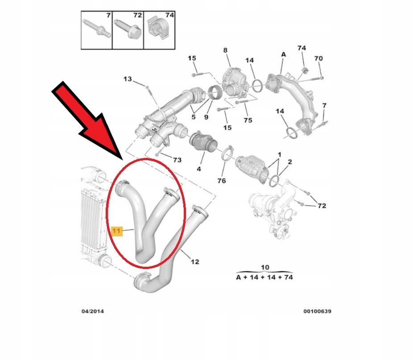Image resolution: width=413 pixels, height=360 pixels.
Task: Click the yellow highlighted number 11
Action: [x=116, y=231]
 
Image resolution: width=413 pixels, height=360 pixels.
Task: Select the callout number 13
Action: [x=128, y=79]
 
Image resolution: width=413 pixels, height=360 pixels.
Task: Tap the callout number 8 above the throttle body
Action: [x=225, y=50]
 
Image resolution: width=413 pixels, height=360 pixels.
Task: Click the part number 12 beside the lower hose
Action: [x=195, y=262]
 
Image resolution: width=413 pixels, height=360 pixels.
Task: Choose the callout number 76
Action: [x=222, y=181]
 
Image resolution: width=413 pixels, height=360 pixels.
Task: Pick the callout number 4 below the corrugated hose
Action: [x=199, y=169]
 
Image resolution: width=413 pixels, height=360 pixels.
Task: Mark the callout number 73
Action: [x=178, y=160]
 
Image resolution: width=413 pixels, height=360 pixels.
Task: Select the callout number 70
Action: [x=318, y=58]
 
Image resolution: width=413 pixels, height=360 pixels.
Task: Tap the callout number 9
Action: [x=206, y=118]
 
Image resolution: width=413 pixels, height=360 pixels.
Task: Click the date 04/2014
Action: [x=93, y=311]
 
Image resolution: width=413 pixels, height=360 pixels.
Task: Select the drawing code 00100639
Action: [x=318, y=311]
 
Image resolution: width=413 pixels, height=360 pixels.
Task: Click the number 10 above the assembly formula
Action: [x=265, y=268]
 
